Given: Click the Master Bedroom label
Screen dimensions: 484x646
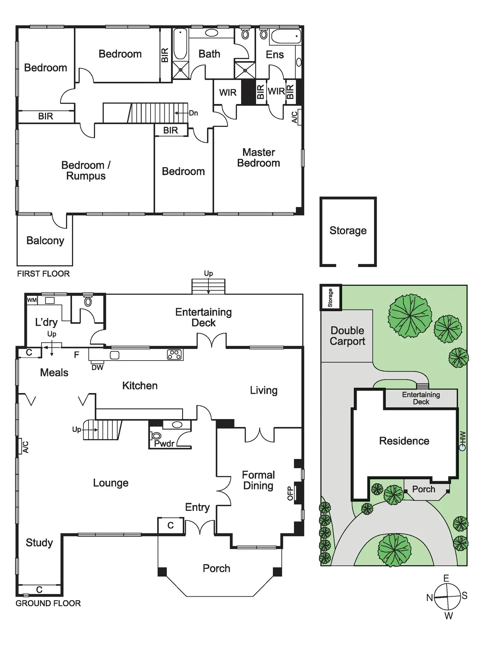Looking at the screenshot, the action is pos(258,158).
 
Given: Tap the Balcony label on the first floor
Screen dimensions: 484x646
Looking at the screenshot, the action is pos(45,241).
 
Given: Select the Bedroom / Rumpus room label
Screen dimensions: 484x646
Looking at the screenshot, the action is pos(86,171).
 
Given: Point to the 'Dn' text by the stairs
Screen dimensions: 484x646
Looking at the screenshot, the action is pos(193,113).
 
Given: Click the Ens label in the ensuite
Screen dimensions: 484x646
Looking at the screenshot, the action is pos(275,55).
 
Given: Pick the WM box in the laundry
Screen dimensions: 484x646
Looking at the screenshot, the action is pos(32,300).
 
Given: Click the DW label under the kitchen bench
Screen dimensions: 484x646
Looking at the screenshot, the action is pos(97,367).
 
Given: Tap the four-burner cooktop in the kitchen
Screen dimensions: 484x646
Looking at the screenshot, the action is pos(175,355).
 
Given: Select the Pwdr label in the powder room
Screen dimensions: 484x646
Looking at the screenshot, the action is pos(164,444).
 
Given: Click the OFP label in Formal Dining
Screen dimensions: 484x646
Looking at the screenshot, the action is pos(290,493).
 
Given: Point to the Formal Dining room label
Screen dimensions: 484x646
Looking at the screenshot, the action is pos(258,480).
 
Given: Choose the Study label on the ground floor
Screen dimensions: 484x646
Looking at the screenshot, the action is pos(39,543).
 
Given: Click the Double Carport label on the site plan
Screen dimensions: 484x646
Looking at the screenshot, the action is pos(347,336).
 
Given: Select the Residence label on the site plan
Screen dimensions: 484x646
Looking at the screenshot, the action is pos(404,441).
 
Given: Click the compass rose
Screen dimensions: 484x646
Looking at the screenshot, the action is pos(447,597).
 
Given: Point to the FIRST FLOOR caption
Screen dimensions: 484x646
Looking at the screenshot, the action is pos(43,274).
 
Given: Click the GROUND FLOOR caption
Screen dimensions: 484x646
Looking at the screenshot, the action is pos(48,604).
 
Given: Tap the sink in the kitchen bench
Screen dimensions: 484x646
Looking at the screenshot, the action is pos(114,355).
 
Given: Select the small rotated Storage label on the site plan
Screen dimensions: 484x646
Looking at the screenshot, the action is pos(330,298).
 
